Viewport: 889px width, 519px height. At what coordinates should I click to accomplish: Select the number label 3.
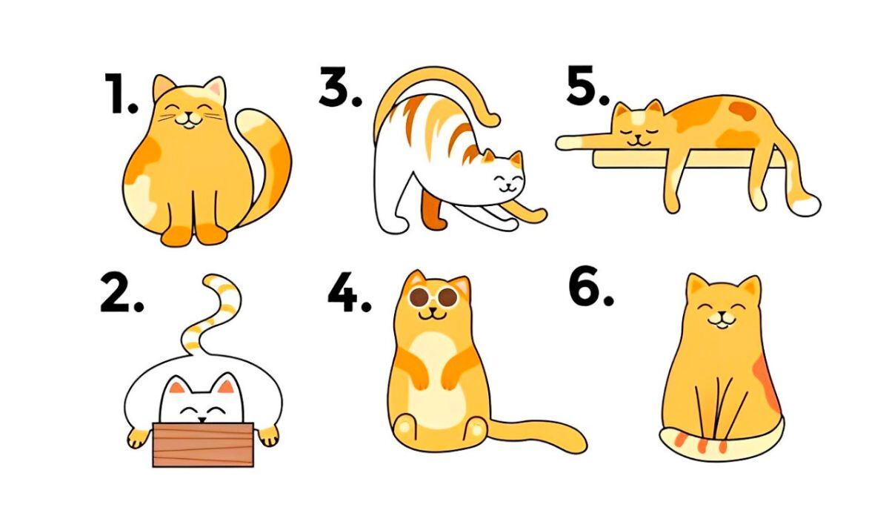[340, 89]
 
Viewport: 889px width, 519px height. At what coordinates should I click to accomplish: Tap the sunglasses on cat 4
[433, 297]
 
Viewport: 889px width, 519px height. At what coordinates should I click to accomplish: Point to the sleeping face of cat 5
[635, 130]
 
